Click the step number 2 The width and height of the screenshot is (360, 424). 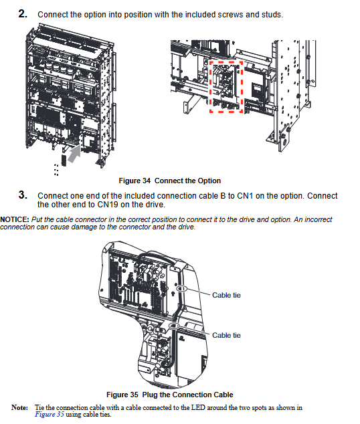coord(23,14)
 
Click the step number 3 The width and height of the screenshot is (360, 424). coord(23,195)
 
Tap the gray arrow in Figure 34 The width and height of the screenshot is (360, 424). coord(74,154)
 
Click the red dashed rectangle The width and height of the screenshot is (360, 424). coord(209,86)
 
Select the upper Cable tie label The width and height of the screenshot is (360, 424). coord(226,295)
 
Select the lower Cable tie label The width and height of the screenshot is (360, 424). coord(226,335)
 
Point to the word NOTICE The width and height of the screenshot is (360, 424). coord(14,219)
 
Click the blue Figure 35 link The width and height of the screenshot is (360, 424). coord(50,415)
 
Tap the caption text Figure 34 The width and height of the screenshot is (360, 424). coord(134,181)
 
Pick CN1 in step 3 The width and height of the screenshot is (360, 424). coord(245,196)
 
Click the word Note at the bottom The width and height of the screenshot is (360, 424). coord(19,407)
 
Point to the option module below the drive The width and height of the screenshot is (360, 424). coord(64,161)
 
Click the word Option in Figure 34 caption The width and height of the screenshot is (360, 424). coord(209,181)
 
